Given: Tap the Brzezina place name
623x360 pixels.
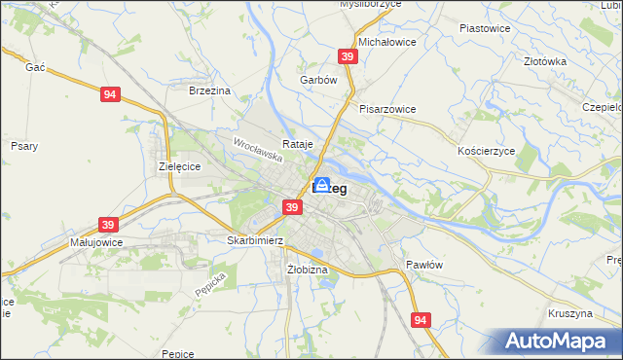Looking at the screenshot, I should pos(209,90).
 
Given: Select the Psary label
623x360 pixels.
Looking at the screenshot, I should pos(23,146).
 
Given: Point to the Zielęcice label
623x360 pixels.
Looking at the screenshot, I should pos(179,166).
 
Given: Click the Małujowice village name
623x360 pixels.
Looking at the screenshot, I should pos(95,241).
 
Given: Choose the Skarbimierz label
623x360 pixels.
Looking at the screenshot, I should pos(254,239).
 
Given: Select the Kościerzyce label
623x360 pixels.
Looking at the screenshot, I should pos(485,152).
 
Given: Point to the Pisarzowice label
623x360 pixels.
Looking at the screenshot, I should pos(387,109).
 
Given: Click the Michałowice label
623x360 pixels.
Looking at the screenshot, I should pos(387,43).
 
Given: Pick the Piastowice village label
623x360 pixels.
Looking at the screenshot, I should pos(485,28).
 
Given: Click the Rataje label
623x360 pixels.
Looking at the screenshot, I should pos(298,144).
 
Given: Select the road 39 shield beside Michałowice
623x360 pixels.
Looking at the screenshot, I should pos(348,57).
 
